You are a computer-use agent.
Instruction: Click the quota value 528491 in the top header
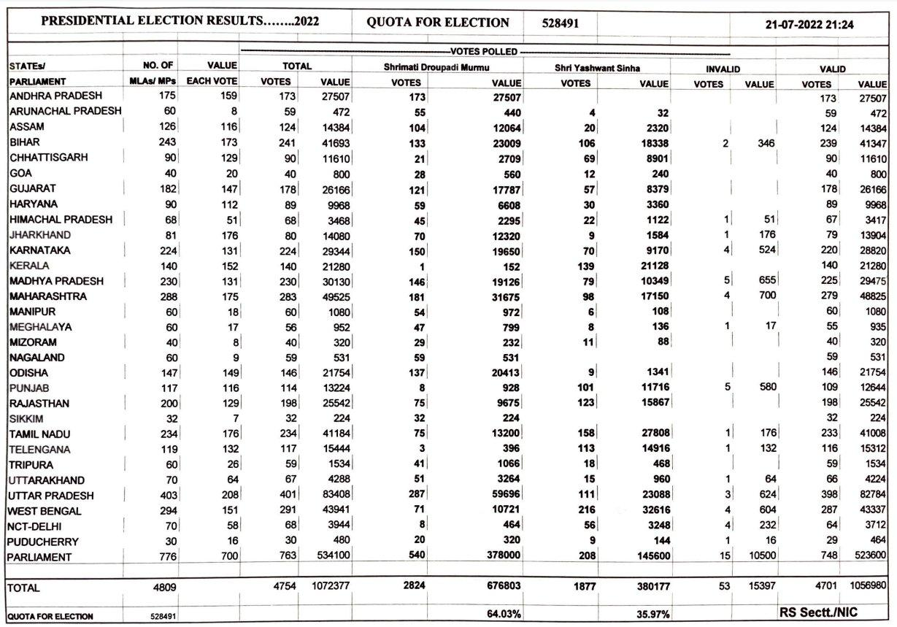pyautogui.click(x=561, y=23)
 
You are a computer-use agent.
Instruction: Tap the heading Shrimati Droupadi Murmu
pyautogui.click(x=437, y=67)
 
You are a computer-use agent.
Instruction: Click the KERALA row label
pyautogui.click(x=30, y=265)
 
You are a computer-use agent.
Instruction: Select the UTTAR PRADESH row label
pyautogui.click(x=51, y=496)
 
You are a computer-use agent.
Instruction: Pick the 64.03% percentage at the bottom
pyautogui.click(x=504, y=614)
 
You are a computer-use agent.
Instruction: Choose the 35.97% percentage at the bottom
pyautogui.click(x=652, y=614)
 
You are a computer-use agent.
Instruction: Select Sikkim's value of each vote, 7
pyautogui.click(x=232, y=419)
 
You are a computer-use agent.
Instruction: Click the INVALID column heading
pyautogui.click(x=723, y=68)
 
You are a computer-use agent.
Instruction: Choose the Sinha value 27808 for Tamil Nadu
pyautogui.click(x=652, y=434)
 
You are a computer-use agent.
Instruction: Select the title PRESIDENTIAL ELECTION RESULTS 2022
pyautogui.click(x=180, y=23)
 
